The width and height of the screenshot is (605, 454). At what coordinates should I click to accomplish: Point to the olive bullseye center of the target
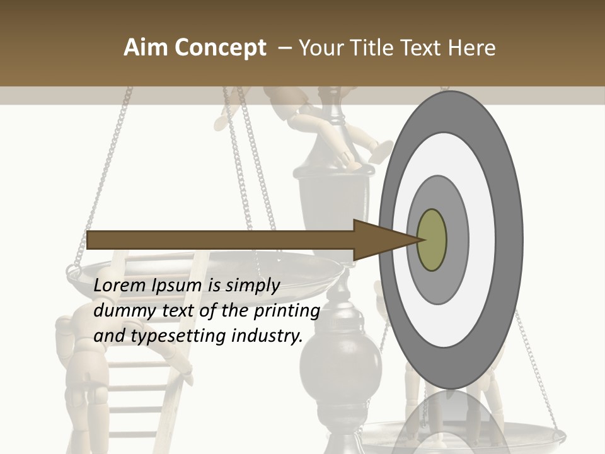(x=432, y=240)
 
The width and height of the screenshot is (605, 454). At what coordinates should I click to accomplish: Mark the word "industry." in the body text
(x=267, y=336)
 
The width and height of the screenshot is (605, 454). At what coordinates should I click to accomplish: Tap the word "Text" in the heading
(x=425, y=48)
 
